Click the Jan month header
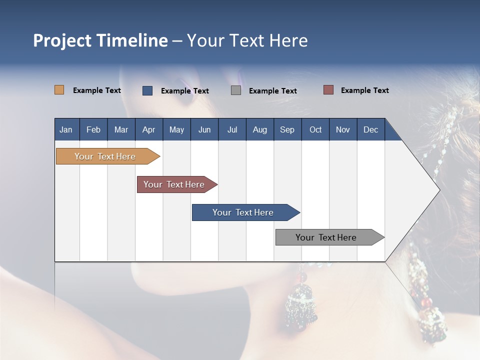point(66,129)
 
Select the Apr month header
point(149,129)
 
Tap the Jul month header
point(232,129)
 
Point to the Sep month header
point(287,129)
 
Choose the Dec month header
point(370,129)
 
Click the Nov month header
point(342,129)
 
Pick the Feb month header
point(93,129)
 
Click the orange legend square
point(59,90)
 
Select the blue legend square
point(147,90)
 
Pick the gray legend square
point(236,90)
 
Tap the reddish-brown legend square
point(328,90)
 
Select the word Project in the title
point(62,41)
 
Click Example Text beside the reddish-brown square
point(364,90)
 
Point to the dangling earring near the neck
point(301,303)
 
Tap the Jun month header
point(204,129)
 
